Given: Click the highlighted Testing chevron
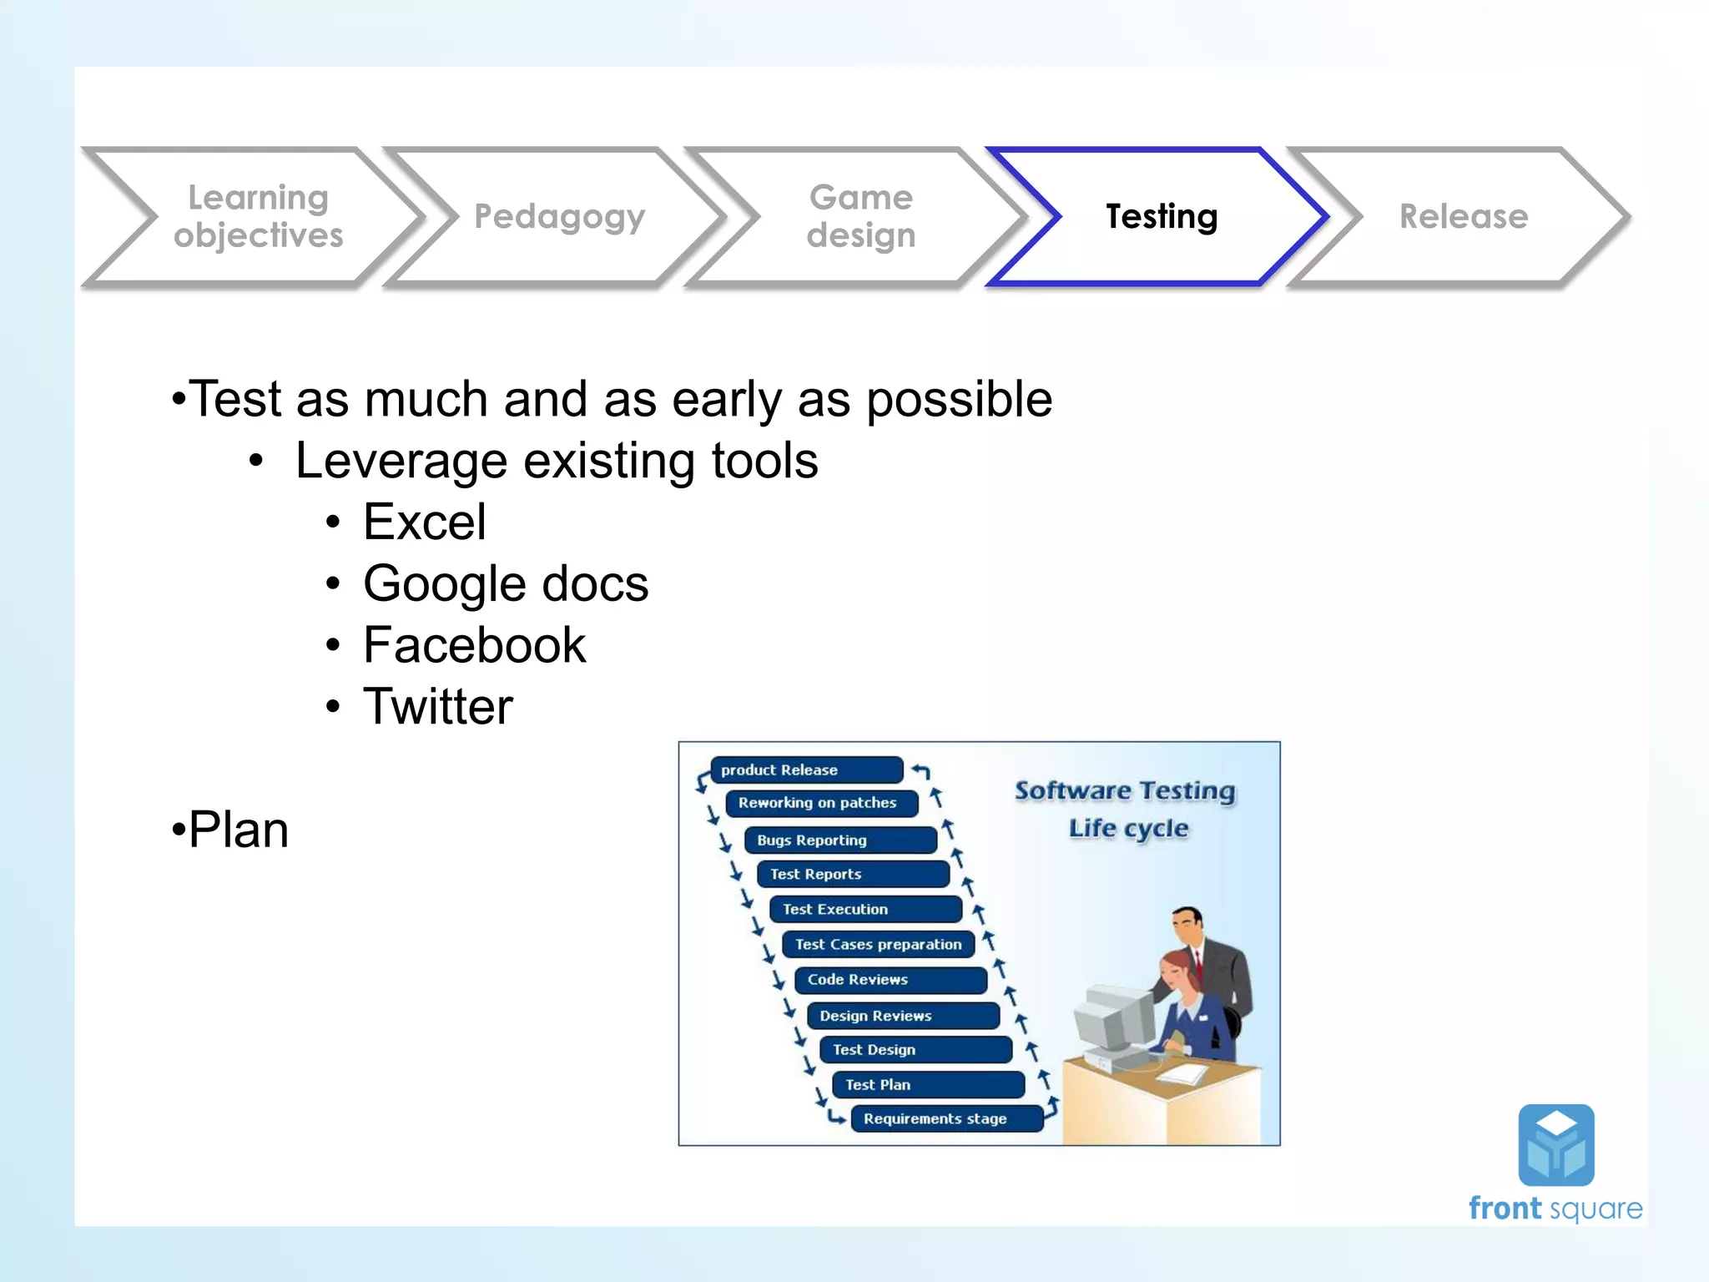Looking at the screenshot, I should click(1161, 217).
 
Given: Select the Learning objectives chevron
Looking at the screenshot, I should click(258, 217).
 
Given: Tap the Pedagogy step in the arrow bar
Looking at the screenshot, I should click(559, 217).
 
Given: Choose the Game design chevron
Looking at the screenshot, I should click(860, 217).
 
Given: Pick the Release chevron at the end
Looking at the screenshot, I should click(1463, 217).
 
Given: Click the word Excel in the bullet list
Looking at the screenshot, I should click(424, 522).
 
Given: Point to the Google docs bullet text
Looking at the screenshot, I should click(506, 583).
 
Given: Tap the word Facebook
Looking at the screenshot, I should click(474, 645).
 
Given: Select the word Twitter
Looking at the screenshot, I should click(437, 707).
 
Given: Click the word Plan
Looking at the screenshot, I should click(239, 830).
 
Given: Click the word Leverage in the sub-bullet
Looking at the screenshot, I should click(401, 461).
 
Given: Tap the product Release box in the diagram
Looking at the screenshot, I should click(805, 770).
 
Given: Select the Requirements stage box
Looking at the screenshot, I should click(946, 1118).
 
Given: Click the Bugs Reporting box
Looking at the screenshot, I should click(839, 840).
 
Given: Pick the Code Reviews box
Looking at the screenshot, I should click(890, 980).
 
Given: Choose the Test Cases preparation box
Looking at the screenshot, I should click(878, 945).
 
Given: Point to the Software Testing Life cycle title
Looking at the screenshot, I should click(1125, 809).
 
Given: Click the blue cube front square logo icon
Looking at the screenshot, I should click(1555, 1145).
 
